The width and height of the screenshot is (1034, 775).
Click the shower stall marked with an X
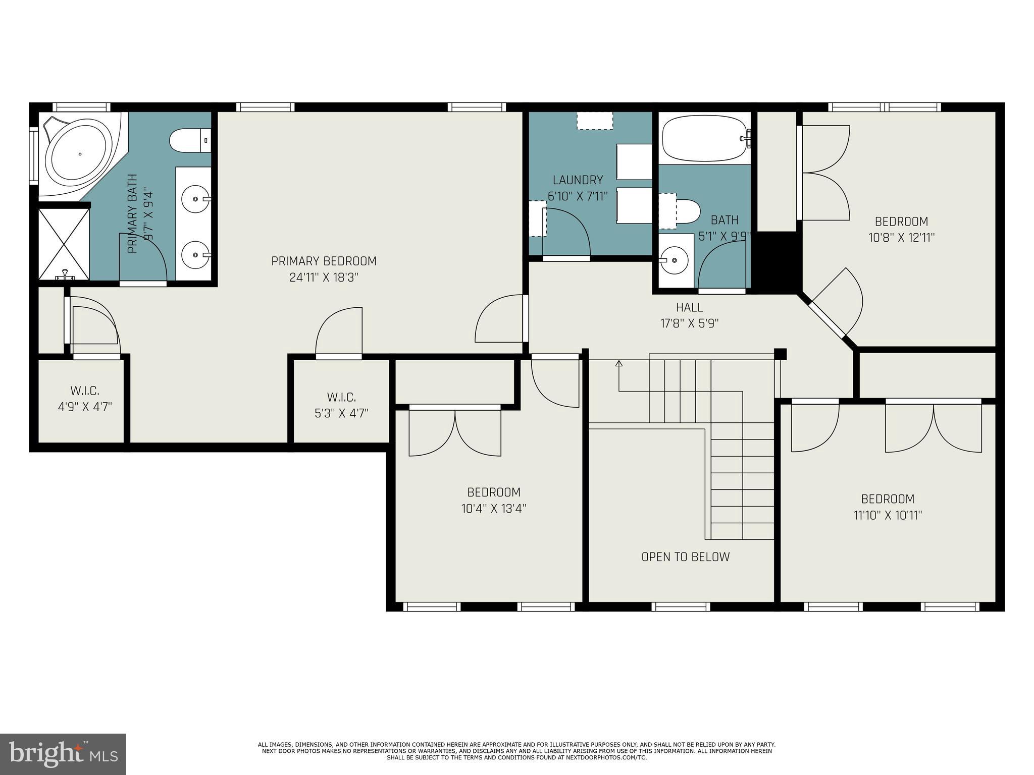point(64,244)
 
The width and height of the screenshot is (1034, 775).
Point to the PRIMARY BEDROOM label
point(324,261)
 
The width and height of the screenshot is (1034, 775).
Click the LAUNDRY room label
point(578,180)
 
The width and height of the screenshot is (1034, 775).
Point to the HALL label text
point(689,307)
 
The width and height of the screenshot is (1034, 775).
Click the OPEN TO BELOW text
point(685,557)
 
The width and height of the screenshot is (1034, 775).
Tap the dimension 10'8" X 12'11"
point(901,238)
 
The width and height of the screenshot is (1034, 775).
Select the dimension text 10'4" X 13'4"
point(494,509)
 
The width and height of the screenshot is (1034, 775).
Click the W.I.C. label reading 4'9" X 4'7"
point(85,407)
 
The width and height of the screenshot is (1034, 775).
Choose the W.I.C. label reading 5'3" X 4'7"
point(341,413)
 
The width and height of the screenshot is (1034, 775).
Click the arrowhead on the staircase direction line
point(619,363)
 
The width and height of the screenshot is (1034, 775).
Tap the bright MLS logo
point(63,754)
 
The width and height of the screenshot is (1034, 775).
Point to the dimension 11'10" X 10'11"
point(888,515)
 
